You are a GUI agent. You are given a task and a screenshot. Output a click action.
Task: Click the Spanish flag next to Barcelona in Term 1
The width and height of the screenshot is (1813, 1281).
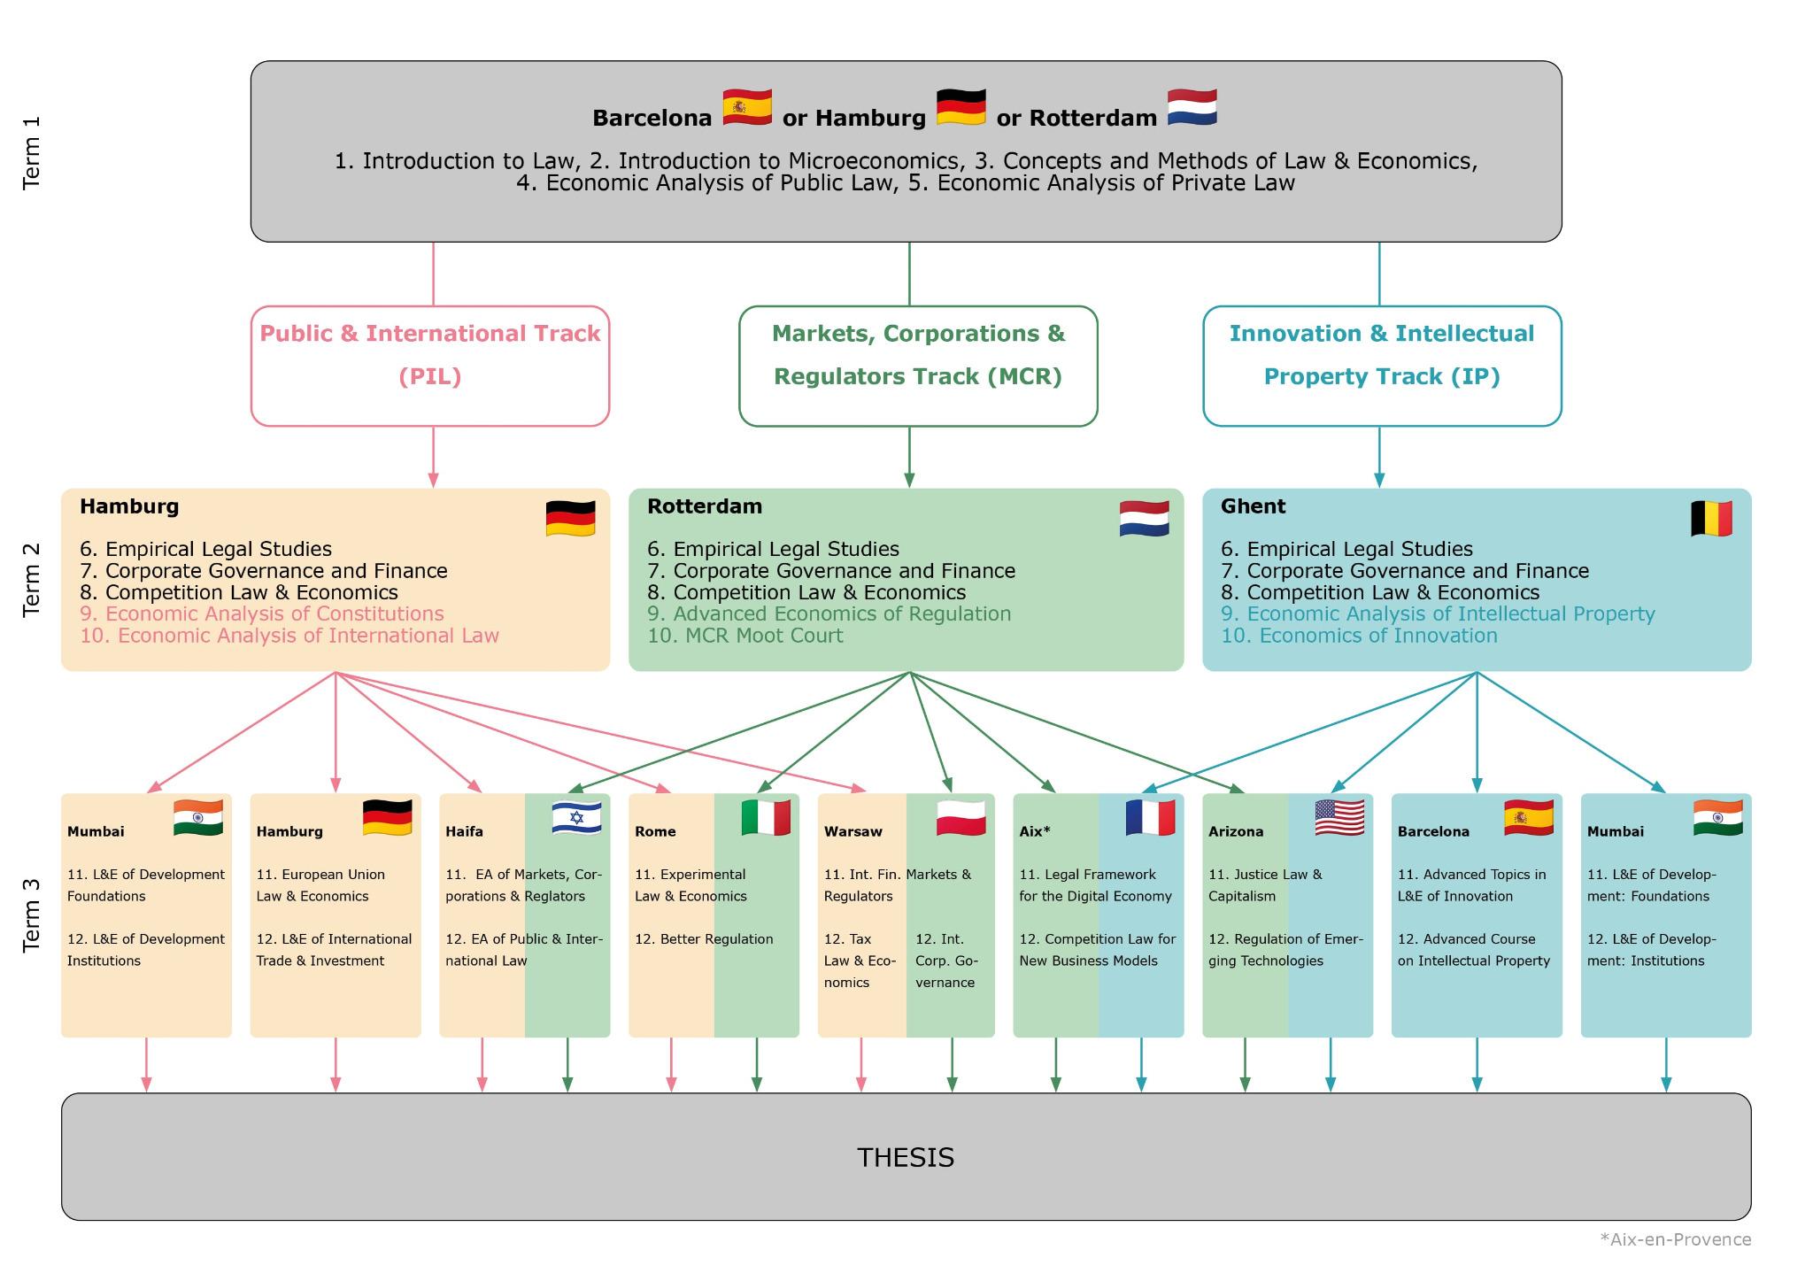pos(747,108)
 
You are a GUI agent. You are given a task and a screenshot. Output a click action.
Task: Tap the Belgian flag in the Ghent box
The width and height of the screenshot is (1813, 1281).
pos(1710,519)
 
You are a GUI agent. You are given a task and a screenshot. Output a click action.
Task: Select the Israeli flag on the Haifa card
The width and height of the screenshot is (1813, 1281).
pos(576,817)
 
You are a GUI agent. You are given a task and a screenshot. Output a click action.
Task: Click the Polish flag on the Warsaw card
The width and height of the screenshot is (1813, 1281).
pos(961,817)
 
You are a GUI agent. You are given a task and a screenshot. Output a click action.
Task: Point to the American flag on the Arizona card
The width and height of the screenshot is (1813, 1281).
pos(1339,817)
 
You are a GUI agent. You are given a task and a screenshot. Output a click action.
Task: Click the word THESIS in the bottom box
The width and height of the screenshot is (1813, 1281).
pos(906,1158)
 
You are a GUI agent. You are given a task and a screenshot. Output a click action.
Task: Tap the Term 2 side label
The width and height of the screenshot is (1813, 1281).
pos(32,579)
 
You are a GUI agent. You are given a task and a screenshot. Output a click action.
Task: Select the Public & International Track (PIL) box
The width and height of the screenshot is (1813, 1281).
pos(430,366)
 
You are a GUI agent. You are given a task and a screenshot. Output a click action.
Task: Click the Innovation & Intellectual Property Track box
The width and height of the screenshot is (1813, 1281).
pos(1382,366)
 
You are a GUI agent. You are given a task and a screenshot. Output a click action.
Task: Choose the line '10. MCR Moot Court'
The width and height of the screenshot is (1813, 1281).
pos(744,636)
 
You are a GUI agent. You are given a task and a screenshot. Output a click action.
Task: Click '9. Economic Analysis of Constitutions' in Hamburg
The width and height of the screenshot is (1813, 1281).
pos(262,613)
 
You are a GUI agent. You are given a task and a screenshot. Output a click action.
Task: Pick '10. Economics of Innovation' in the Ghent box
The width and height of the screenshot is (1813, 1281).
pos(1359,636)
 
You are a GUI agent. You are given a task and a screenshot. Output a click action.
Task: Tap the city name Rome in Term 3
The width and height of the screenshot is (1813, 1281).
pos(655,831)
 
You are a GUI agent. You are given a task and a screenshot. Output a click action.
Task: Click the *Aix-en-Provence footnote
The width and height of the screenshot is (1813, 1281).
pos(1675,1239)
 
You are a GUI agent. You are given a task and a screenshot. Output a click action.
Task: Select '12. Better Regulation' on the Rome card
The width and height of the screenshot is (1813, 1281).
pos(704,939)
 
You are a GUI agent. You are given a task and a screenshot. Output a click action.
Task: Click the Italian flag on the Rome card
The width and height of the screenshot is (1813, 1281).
pos(766,817)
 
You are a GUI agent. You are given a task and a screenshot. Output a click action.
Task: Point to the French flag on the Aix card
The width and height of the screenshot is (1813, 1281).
pos(1150,817)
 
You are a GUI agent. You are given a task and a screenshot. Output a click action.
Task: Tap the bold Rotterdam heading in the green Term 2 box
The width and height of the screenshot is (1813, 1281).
pos(705,506)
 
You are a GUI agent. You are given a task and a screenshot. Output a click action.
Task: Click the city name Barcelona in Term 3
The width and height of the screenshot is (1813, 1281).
pos(1433,831)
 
